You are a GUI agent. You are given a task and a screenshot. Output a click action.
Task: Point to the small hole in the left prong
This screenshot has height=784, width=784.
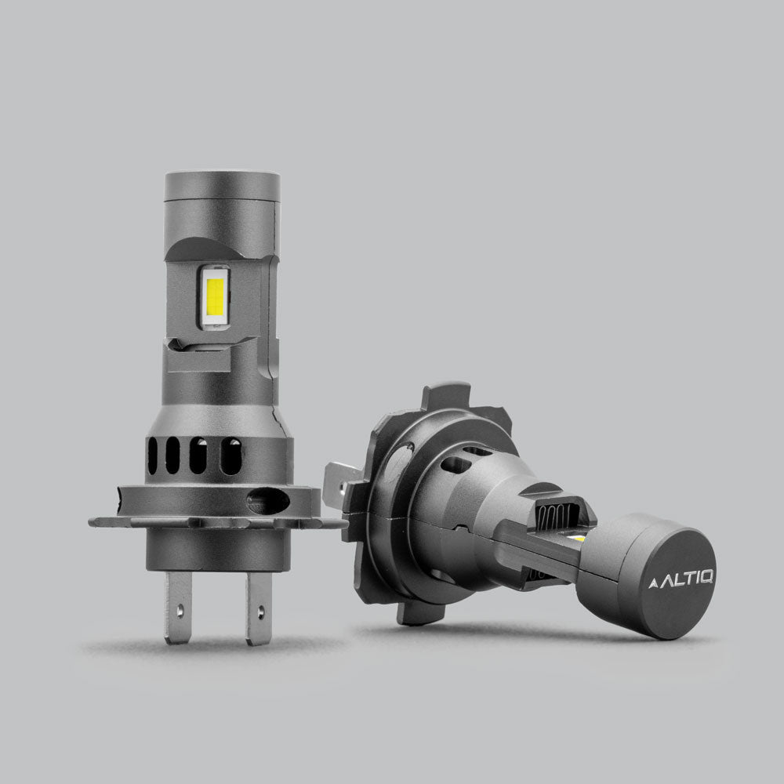click(180, 608)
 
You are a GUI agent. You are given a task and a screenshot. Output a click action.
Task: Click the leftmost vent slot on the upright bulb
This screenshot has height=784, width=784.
click(152, 456)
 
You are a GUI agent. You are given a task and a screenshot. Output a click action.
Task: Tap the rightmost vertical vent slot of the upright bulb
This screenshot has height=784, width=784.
click(230, 456)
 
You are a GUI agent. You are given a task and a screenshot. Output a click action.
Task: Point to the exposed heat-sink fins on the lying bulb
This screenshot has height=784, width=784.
click(553, 518)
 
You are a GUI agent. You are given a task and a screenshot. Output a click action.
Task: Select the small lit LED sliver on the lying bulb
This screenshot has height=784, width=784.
click(578, 539)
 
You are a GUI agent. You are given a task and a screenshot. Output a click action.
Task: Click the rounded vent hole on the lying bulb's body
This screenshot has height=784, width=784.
click(456, 465)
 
